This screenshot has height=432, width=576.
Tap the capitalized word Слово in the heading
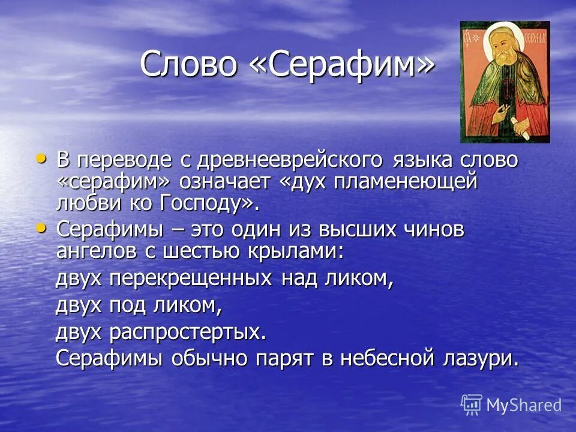(188, 64)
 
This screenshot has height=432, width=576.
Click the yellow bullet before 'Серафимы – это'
(41, 227)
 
